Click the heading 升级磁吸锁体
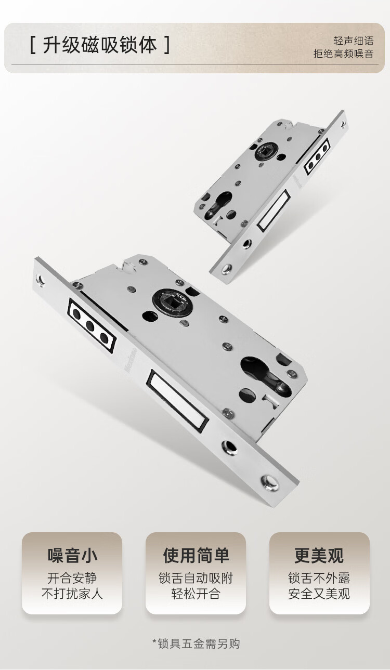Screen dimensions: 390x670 (100, 45)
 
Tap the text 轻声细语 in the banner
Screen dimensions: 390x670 (354, 41)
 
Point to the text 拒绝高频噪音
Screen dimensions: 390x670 (344, 54)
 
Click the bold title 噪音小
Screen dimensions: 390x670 (72, 555)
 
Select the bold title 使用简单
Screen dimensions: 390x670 (196, 555)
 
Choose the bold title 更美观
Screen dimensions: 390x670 (319, 555)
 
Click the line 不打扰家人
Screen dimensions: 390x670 (72, 594)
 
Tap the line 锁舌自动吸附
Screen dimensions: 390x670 (196, 578)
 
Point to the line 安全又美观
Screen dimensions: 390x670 (319, 594)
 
